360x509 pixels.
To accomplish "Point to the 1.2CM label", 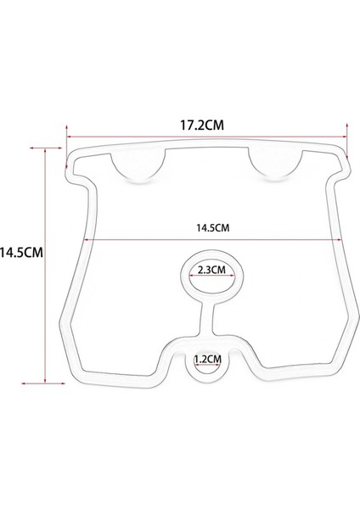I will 207,359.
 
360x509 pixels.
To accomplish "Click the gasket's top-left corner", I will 71,158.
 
